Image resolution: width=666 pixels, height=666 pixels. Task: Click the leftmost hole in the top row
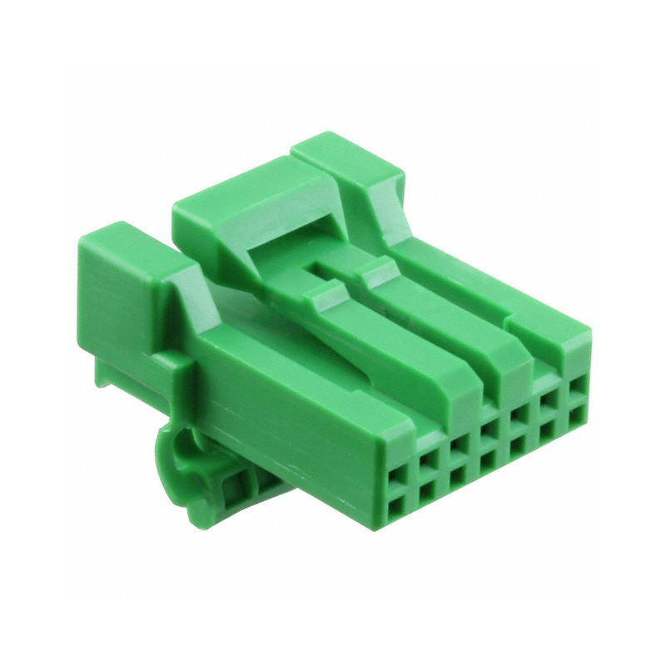click(x=396, y=478)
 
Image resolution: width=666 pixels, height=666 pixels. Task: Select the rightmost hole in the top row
click(x=575, y=387)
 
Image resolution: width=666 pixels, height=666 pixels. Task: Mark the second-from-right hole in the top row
click(x=546, y=402)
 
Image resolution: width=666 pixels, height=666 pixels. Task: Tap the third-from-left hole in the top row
click(x=457, y=447)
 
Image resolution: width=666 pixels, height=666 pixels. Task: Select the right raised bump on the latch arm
click(x=377, y=267)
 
